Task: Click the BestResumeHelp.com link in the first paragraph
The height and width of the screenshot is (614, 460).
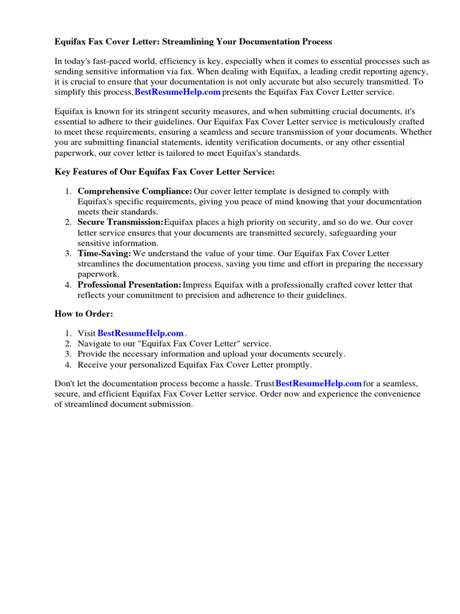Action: [178, 92]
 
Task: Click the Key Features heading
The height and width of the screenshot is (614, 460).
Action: [165, 172]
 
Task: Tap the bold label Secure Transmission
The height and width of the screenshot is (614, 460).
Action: [120, 222]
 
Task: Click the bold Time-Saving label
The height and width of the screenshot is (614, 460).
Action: [104, 254]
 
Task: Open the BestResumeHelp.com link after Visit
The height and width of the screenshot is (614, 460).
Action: [140, 333]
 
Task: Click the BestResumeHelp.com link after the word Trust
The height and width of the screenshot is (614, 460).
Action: [319, 384]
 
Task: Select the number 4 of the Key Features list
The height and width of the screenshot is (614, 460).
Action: [68, 285]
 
